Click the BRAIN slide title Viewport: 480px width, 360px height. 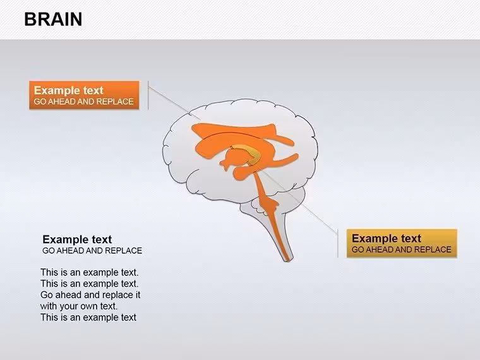coord(53,19)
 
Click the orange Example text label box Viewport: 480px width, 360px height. coord(84,95)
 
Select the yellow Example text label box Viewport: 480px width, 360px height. coord(402,243)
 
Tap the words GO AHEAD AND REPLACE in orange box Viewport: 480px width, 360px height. coord(83,102)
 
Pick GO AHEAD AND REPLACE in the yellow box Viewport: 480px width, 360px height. coord(401,249)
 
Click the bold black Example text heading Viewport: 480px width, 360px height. coord(77,239)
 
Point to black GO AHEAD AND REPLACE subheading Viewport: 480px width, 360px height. coord(92,250)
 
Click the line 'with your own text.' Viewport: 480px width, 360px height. coord(79,306)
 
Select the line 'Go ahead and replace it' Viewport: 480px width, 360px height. coord(90,295)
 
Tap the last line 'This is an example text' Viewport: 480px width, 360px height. coord(88,318)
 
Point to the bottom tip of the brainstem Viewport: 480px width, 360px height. coord(287,261)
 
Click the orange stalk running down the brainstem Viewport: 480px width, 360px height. coord(271,214)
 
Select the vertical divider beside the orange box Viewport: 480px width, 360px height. coord(148,95)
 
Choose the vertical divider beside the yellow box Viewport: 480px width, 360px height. coord(338,243)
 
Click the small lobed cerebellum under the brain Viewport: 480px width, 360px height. coord(260,207)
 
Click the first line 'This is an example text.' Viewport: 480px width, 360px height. coord(90,272)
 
